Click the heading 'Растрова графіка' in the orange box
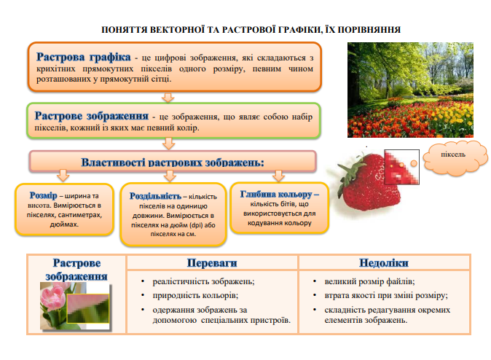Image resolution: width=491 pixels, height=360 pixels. click(x=83, y=57)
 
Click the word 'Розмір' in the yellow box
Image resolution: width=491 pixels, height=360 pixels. click(x=42, y=196)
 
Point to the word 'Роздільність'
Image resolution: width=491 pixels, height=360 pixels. click(x=155, y=197)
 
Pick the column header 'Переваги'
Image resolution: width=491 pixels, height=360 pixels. click(x=212, y=262)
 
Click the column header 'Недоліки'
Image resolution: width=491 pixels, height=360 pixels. click(x=383, y=262)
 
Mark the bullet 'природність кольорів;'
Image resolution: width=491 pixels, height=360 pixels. click(x=195, y=295)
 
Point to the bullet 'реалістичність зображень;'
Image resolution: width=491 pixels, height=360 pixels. click(x=203, y=281)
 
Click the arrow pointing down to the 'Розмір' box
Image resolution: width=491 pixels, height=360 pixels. click(x=62, y=176)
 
